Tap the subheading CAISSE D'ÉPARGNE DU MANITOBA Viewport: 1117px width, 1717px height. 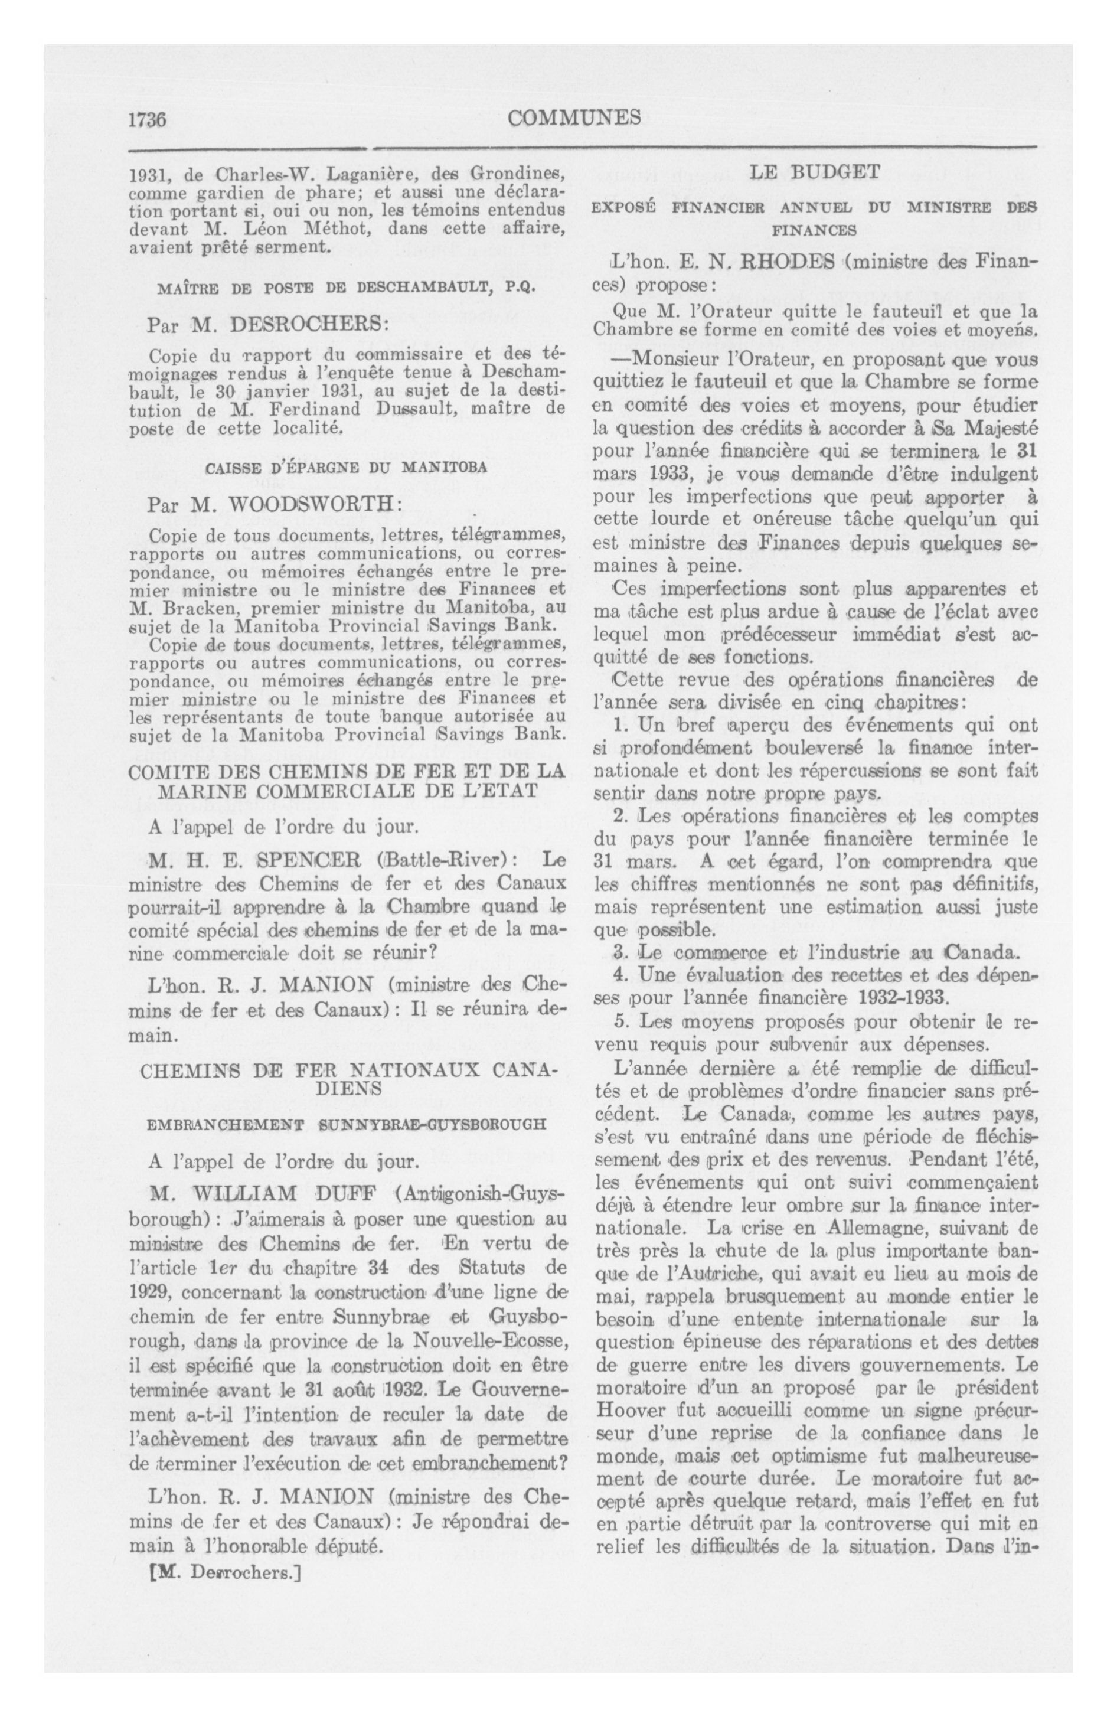[x=347, y=468]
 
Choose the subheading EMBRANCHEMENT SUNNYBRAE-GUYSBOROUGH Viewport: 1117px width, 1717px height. [x=347, y=1125]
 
